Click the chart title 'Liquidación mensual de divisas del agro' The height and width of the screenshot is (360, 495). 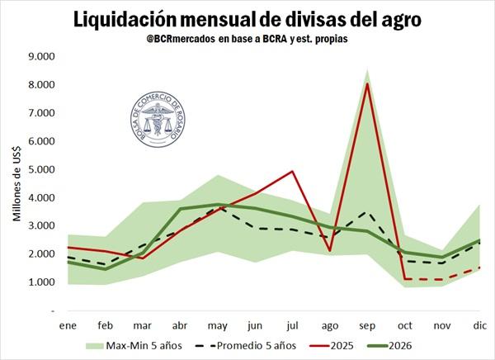click(x=247, y=19)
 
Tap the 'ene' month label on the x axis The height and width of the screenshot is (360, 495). click(x=68, y=325)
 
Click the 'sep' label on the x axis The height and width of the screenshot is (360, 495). click(x=366, y=325)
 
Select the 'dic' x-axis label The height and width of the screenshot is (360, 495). click(x=478, y=325)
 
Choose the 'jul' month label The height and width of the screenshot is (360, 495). click(x=292, y=325)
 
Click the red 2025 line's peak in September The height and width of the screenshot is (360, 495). click(x=366, y=83)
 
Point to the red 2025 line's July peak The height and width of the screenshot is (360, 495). click(x=292, y=172)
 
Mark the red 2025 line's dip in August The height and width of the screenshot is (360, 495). click(x=329, y=250)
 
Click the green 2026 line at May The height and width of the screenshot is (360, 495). click(x=217, y=204)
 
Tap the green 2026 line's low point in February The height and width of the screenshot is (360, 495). click(x=105, y=268)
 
